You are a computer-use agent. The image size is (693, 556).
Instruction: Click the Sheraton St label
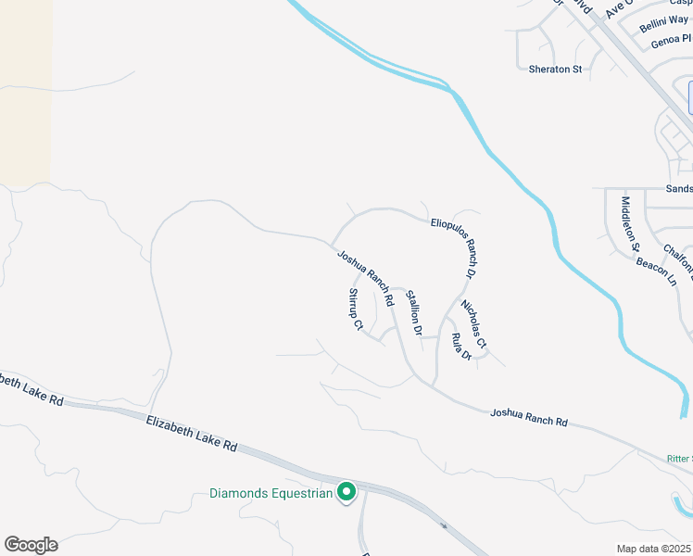tap(555, 69)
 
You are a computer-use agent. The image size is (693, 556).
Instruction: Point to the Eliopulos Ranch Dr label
tap(454, 248)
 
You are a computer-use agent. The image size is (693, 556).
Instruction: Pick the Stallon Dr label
tap(414, 313)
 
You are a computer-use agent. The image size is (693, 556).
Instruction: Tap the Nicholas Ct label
tap(474, 324)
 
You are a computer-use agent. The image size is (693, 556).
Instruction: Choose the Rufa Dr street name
tap(460, 346)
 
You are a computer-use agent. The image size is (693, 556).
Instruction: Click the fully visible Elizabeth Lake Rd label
tap(192, 433)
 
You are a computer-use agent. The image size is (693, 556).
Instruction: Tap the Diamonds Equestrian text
tap(271, 493)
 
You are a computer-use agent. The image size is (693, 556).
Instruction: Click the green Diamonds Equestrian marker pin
tap(346, 491)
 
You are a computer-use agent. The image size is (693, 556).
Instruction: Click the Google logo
tap(31, 544)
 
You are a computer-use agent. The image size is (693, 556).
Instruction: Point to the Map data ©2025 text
tap(654, 549)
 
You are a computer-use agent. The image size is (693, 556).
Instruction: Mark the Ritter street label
tap(679, 458)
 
